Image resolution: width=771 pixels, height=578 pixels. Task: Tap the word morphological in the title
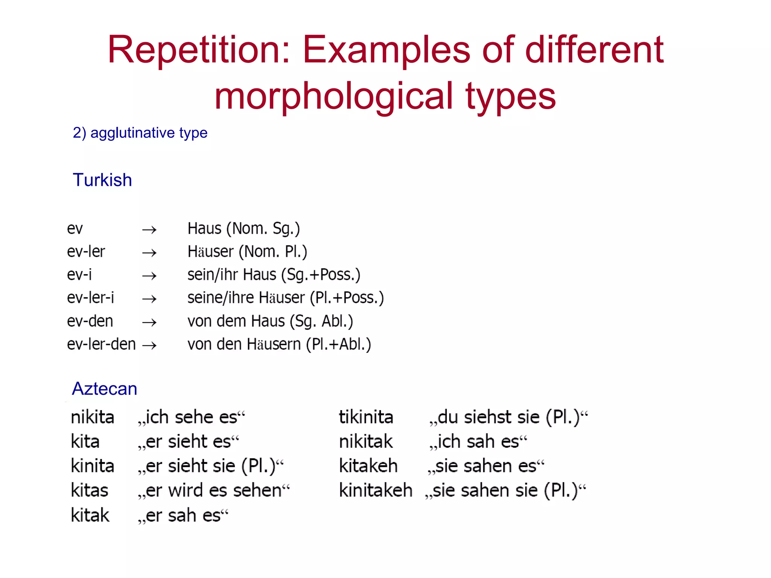334,97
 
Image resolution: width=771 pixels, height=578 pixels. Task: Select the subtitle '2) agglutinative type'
140,133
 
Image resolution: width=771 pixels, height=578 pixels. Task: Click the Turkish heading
102,180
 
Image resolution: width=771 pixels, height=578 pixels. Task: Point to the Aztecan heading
105,388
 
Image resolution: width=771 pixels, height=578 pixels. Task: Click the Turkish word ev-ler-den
101,344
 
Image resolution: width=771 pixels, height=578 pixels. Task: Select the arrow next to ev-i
149,276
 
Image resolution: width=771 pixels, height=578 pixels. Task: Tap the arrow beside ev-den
149,322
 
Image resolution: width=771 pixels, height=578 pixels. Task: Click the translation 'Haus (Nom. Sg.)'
244,229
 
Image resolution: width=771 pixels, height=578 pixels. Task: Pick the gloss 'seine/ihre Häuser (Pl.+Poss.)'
286,298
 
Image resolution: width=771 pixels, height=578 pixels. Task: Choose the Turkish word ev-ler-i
90,298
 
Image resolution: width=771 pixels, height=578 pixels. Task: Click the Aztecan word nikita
93,417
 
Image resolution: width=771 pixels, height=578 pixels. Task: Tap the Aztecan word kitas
90,491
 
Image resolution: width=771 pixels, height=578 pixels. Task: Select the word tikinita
366,417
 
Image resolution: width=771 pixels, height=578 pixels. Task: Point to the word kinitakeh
376,491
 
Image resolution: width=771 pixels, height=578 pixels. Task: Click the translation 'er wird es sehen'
214,491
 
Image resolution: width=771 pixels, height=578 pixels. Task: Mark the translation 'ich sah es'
478,442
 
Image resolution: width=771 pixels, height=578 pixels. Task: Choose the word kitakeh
368,466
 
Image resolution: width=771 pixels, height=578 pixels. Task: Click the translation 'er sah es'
183,516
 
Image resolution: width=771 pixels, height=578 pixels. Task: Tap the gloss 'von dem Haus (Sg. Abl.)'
270,321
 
